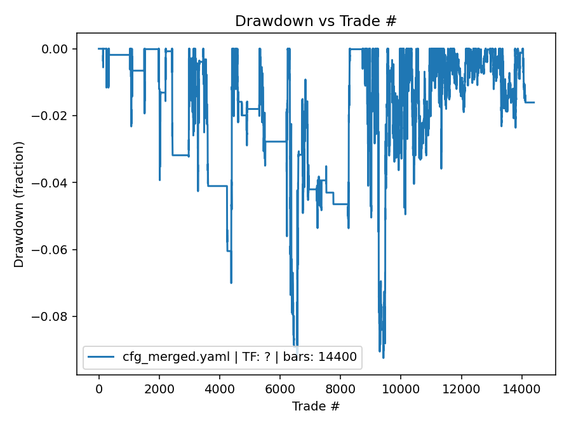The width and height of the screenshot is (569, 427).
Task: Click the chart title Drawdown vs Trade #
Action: tap(316, 20)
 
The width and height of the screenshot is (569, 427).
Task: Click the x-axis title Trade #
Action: tap(316, 405)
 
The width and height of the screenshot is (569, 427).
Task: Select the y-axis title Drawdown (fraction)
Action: tap(19, 204)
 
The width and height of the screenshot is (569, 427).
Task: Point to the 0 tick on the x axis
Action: tap(98, 388)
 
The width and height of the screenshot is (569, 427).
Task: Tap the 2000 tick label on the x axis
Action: tap(159, 388)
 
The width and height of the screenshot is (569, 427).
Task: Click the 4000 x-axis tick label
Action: tap(219, 388)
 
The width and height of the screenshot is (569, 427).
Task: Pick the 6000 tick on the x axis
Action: tap(280, 388)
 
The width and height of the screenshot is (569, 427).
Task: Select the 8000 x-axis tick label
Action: tap(340, 388)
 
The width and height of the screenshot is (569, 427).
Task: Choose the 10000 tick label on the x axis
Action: tap(401, 388)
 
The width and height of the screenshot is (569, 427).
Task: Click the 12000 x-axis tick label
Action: tap(461, 388)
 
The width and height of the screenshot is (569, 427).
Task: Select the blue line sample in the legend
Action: tap(102, 357)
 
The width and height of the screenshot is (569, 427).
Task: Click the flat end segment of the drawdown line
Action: tap(530, 102)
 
